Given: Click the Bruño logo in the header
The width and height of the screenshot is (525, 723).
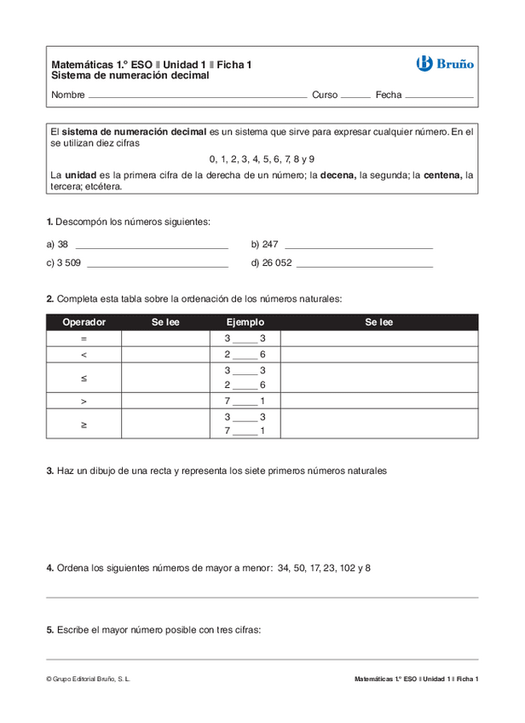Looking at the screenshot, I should tap(445, 63).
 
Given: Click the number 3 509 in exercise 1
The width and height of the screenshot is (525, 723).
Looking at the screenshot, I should tap(68, 263).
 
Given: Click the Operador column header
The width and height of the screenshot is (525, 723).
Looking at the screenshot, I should tap(84, 322).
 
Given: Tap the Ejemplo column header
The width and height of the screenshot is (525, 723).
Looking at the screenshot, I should tap(245, 322).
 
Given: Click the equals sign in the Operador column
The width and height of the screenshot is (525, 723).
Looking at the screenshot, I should tap(84, 338).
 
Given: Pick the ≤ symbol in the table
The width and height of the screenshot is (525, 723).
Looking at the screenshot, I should tap(84, 377).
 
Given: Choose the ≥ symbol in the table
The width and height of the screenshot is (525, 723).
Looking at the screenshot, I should tap(84, 424).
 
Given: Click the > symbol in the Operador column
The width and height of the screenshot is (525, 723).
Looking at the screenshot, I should tap(84, 401).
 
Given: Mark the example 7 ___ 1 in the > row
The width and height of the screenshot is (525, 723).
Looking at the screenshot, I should tap(245, 401).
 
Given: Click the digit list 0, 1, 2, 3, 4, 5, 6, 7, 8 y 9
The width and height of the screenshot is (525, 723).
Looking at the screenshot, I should tap(262, 159).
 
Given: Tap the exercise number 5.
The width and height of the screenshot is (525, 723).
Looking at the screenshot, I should tap(50, 630).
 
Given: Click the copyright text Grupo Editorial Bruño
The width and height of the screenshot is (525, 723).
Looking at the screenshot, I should tap(89, 679).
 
